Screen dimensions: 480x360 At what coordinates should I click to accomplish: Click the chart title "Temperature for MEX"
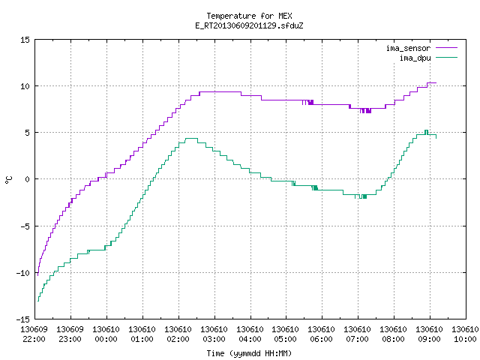[x=249, y=16]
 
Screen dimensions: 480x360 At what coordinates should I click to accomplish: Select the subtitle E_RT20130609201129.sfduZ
[x=249, y=25]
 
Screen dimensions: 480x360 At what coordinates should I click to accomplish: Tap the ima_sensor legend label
[x=408, y=48]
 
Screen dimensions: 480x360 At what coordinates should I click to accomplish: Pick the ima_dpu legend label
[x=415, y=58]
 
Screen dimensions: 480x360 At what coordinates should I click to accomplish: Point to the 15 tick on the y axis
[x=25, y=40]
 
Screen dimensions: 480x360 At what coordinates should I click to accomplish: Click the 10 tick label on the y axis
[x=25, y=86]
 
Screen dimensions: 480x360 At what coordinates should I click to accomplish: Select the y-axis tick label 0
[x=27, y=179]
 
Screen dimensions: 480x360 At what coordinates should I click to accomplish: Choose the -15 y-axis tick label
[x=23, y=319]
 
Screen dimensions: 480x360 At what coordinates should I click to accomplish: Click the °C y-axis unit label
[x=9, y=180]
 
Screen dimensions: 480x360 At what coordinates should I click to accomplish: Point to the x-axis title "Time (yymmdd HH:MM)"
[x=249, y=353]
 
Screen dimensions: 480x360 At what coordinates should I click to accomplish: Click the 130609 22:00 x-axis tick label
[x=34, y=334]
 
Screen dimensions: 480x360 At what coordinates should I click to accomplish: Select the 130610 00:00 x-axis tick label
[x=106, y=334]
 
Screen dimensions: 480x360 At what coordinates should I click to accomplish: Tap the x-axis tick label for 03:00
[x=214, y=334]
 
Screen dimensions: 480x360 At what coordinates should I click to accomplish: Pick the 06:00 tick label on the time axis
[x=321, y=334]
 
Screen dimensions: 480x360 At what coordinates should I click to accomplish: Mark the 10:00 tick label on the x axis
[x=465, y=334]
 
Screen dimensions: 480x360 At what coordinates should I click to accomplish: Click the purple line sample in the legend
[x=446, y=48]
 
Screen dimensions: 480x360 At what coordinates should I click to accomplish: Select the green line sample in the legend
[x=446, y=58]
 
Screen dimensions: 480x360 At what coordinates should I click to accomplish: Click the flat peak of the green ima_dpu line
[x=192, y=138]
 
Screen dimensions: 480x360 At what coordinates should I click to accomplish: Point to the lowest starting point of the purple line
[x=37, y=275]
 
